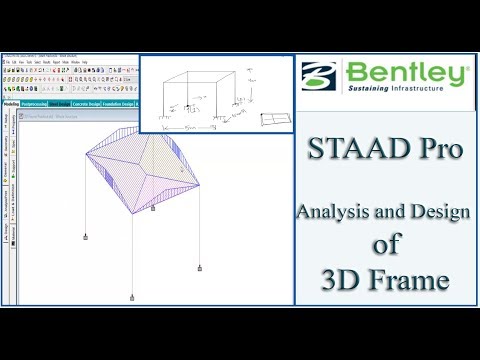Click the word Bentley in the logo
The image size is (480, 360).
407,73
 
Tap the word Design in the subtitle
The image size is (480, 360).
437,212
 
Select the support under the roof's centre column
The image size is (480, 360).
152,209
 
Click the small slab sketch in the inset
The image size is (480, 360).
271,118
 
